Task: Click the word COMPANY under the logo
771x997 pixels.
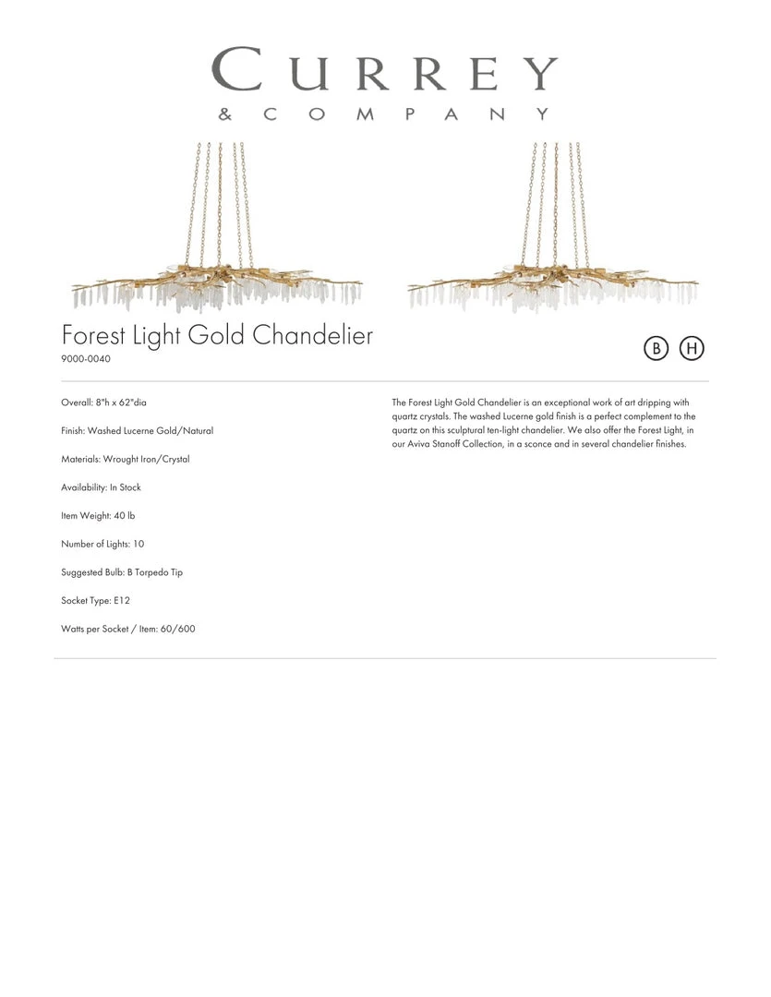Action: [x=406, y=114]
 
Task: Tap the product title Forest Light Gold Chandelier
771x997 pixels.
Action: [x=217, y=334]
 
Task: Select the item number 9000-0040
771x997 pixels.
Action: [x=86, y=359]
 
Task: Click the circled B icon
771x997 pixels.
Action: [x=656, y=348]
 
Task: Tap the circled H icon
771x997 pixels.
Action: [x=692, y=348]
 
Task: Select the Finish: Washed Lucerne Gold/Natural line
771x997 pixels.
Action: [x=138, y=431]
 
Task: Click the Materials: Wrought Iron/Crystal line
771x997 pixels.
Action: [x=126, y=459]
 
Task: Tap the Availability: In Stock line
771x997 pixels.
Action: [x=102, y=487]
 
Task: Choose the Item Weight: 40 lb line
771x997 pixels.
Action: [x=98, y=516]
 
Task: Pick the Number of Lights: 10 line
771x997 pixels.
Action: [x=103, y=544]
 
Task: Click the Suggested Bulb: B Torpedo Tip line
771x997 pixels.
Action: [x=122, y=572]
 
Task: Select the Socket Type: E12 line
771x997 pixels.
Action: [x=96, y=601]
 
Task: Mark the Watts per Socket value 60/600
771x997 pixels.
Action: [x=177, y=629]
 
